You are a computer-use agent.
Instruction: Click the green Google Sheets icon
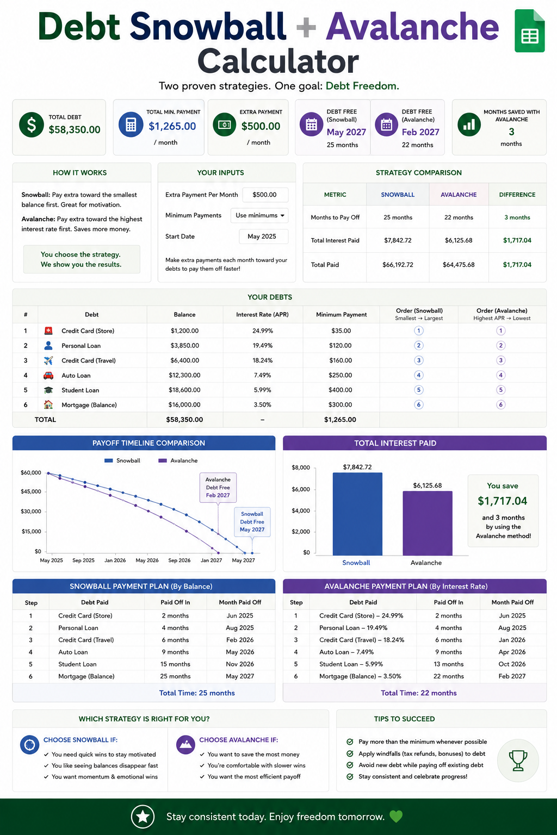pos(530,30)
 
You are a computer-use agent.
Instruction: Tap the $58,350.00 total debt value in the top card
pos(75,130)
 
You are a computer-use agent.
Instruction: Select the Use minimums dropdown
pos(259,215)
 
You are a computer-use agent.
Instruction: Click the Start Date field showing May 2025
pos(263,236)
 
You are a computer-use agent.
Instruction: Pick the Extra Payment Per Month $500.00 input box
pos(265,195)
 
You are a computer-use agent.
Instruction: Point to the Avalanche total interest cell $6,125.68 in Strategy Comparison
pos(459,240)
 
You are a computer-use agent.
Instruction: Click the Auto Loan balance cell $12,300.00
pos(185,376)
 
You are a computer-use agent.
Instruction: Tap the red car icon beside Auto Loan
pos(48,376)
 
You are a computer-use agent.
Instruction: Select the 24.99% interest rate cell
pos(263,331)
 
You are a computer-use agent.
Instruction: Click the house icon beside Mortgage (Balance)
pos(48,404)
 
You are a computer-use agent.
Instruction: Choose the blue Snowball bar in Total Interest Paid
pos(357,514)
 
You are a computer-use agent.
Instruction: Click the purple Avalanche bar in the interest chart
pos(428,524)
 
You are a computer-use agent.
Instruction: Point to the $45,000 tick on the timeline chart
pos(31,491)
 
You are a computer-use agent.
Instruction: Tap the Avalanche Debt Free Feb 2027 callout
pos(218,488)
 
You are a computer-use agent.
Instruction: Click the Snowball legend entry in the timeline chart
pos(122,461)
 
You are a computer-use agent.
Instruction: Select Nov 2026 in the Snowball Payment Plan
pos(240,664)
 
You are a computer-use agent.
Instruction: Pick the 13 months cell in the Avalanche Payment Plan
pos(448,664)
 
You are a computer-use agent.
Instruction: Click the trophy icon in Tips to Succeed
pos(518,761)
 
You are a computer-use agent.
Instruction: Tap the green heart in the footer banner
pos(396,817)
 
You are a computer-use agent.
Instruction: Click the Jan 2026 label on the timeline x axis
pos(115,560)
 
